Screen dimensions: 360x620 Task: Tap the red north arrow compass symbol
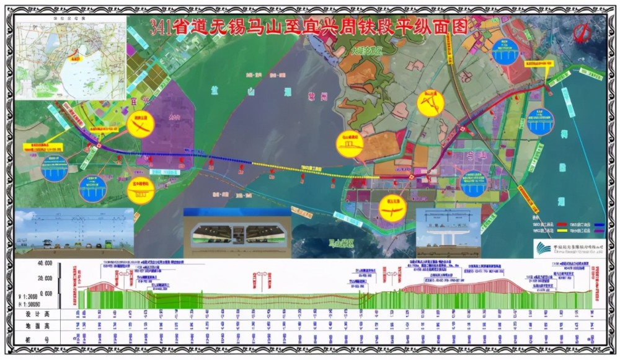[x=582, y=33]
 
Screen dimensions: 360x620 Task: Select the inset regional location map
[x=71, y=58]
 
